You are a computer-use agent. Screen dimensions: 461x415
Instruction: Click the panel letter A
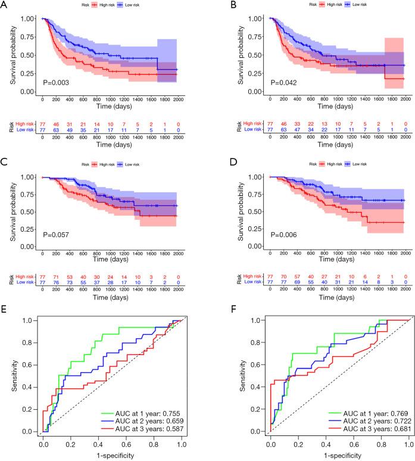pos(5,6)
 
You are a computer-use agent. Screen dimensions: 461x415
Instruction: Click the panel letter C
pos(5,160)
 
